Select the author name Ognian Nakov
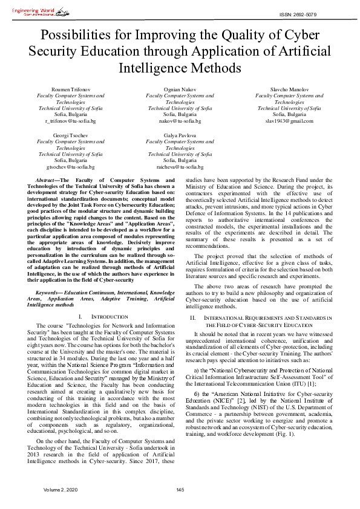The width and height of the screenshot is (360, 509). [x=180, y=89]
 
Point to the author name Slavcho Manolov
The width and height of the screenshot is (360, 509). [x=289, y=89]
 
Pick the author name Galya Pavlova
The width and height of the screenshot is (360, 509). [x=180, y=136]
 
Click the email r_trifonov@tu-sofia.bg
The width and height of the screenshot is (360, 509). [x=70, y=121]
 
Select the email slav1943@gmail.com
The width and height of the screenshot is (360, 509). [x=289, y=121]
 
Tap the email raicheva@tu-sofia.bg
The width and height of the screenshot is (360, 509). [x=180, y=167]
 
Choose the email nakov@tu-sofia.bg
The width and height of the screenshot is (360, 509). [x=180, y=121]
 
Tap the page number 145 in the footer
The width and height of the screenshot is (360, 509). [x=180, y=489]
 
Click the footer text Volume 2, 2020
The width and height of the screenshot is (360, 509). [x=61, y=489]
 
